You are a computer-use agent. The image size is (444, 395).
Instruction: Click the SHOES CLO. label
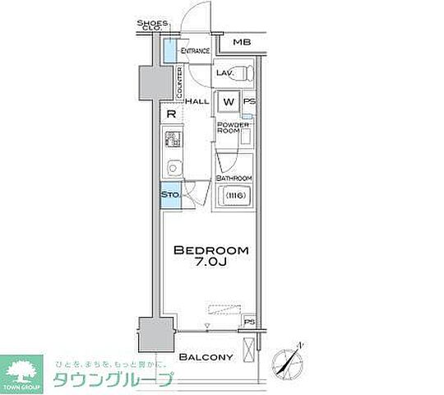point(152,25)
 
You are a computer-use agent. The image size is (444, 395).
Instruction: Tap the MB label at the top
point(241,42)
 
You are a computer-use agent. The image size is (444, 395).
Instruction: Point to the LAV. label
point(225,73)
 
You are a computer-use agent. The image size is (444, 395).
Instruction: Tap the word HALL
point(197,100)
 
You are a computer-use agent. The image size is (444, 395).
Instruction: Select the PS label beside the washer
point(248,101)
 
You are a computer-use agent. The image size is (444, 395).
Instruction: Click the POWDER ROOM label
point(228,128)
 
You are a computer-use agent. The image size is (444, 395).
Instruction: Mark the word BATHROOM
point(234,178)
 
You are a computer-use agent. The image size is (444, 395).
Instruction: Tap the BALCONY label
point(207,356)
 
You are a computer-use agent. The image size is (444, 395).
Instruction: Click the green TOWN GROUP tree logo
point(23,369)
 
